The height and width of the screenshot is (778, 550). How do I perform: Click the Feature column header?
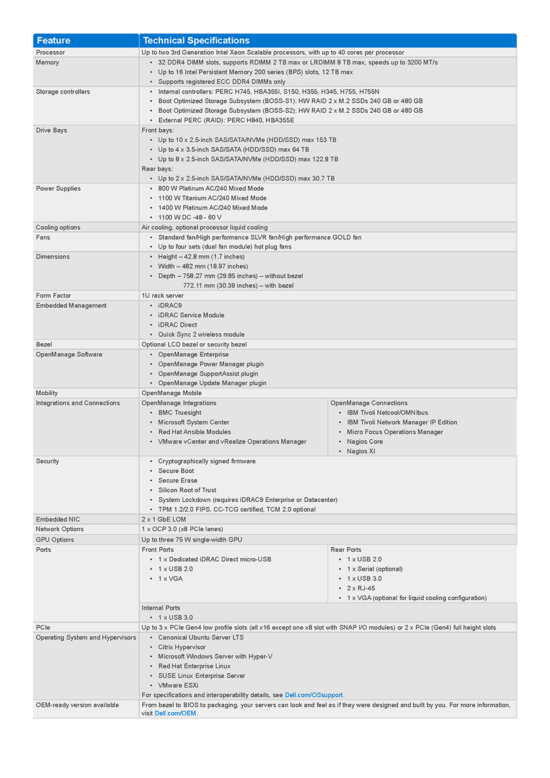click(54, 41)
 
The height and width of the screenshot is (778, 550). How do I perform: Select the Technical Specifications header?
click(196, 41)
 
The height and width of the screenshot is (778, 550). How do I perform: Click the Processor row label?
click(50, 53)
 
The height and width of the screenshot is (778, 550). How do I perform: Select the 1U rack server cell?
click(162, 296)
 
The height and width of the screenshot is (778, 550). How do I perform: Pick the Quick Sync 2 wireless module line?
click(201, 334)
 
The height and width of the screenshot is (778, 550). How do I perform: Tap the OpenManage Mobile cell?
click(171, 393)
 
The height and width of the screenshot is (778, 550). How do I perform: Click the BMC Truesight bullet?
click(180, 413)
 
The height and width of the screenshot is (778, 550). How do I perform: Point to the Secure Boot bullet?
click(176, 471)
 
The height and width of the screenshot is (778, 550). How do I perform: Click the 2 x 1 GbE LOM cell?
click(164, 520)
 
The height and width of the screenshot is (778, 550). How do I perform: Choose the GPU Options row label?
click(55, 540)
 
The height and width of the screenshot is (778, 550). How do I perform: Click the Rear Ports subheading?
click(346, 550)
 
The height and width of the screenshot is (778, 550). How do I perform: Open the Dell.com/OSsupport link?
click(314, 695)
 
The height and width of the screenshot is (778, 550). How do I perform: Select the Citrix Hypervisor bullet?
click(181, 647)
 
